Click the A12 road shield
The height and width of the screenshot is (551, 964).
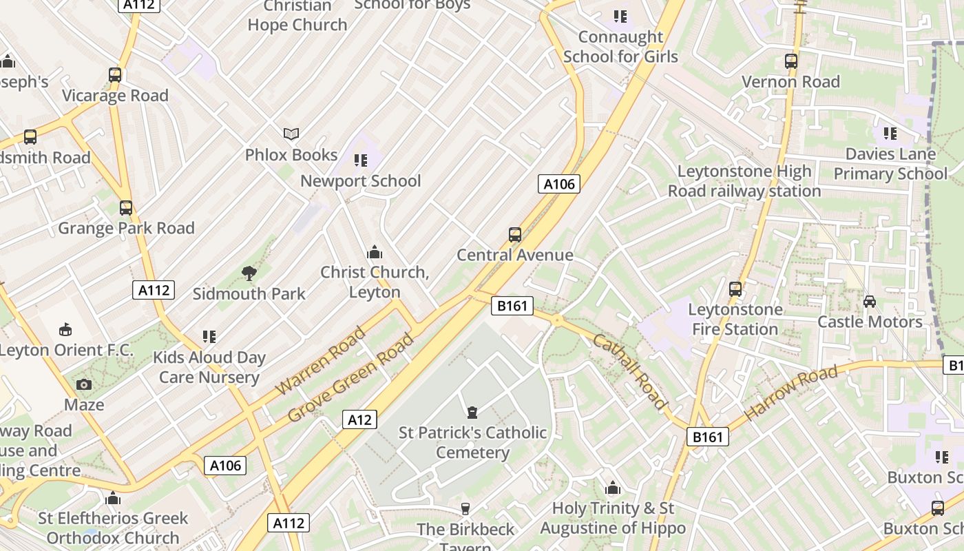coord(359,419)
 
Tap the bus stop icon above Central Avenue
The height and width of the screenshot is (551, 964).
coord(515,234)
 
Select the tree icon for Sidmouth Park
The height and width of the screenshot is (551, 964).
coord(249,273)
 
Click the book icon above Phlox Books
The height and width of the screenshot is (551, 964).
coord(291,134)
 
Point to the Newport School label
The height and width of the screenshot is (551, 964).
coord(360,181)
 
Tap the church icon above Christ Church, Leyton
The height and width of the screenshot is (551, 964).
coord(375,252)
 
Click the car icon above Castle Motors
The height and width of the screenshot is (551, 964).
coord(870,302)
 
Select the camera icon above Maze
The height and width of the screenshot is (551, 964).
coord(84,384)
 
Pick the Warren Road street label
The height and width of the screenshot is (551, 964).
coord(321,362)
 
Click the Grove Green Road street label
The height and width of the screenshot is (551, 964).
coord(351,377)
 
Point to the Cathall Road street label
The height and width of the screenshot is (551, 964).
coord(630,371)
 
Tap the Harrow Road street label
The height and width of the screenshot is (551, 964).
coord(791,393)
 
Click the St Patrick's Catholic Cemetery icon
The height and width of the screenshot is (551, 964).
coord(472,413)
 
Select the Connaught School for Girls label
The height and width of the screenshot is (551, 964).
coord(620,47)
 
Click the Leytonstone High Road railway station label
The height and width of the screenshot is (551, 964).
coord(744,181)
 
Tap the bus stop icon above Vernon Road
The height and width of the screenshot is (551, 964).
coord(790,61)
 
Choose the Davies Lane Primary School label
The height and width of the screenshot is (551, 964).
coord(890,164)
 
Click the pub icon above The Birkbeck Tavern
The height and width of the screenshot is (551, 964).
coord(465,509)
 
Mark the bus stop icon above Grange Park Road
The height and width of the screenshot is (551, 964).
coord(126,207)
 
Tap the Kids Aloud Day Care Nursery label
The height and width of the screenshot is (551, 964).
coord(209,367)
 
